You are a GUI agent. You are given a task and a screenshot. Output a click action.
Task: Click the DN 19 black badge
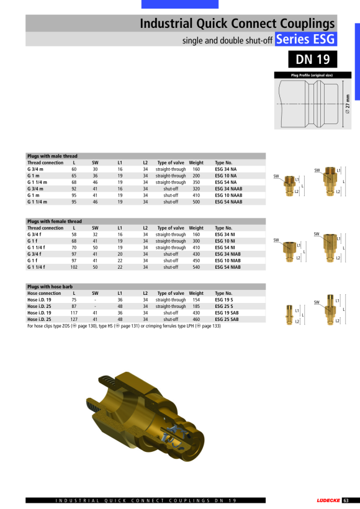point(313,59)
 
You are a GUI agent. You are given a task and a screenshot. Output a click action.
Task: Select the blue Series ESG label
point(306,39)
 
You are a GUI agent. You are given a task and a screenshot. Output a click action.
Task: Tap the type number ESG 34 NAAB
point(228,189)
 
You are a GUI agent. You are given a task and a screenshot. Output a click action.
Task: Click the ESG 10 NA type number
point(225,176)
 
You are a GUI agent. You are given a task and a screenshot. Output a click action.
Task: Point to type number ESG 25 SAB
point(227,320)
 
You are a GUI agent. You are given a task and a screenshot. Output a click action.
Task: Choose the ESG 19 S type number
point(223,300)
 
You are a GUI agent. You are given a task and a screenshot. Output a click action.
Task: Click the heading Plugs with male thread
point(52,156)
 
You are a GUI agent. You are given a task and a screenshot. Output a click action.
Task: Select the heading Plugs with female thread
point(55,222)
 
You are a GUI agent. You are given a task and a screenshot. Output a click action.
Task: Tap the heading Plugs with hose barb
point(50,287)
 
